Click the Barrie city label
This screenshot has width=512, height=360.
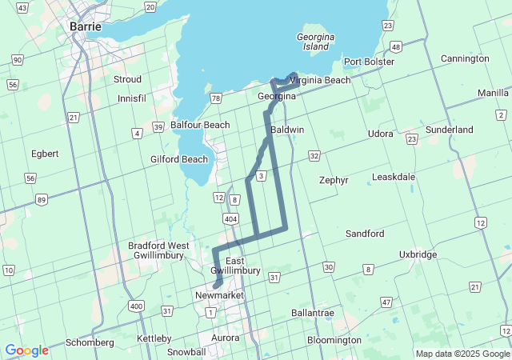[x=86, y=26]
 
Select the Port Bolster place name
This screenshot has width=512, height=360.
[x=369, y=62]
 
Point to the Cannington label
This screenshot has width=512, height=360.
[x=465, y=58]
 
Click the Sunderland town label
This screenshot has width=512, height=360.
[x=449, y=130]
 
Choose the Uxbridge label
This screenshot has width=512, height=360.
[x=418, y=254]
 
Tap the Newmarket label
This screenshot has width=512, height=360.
[x=219, y=295]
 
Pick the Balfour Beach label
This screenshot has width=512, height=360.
[x=200, y=125]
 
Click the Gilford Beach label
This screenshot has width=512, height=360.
[x=179, y=159]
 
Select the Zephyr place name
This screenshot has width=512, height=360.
[x=334, y=180]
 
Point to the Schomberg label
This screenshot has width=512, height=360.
[x=90, y=342]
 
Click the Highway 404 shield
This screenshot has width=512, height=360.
[x=230, y=218]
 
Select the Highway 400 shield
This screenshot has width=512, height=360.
[x=135, y=306]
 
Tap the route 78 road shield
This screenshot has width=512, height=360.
[x=215, y=98]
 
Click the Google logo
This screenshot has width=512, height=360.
[x=26, y=350]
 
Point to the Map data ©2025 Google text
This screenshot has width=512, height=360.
[x=462, y=354]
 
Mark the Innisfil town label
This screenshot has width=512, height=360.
[x=132, y=98]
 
